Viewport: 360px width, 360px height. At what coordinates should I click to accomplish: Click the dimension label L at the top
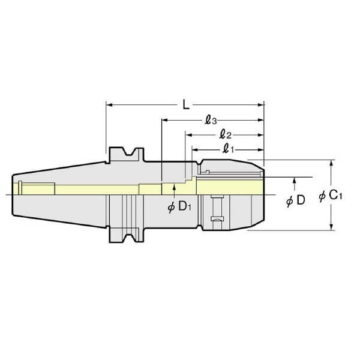(186, 105)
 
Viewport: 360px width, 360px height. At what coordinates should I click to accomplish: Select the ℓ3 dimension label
(211, 121)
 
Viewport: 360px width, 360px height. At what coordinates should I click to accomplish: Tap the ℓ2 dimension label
(225, 135)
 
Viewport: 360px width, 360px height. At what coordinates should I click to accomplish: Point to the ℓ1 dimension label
(229, 149)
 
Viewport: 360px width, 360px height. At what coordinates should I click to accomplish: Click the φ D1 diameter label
(179, 207)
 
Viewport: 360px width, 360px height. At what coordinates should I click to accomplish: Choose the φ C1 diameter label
(331, 196)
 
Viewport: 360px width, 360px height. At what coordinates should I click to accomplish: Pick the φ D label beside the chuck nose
(296, 200)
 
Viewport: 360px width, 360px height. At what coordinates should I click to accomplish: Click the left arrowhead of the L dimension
(109, 105)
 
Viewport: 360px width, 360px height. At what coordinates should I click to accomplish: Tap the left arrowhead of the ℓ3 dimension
(164, 120)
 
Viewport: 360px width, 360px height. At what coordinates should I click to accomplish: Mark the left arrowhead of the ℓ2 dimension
(188, 135)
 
